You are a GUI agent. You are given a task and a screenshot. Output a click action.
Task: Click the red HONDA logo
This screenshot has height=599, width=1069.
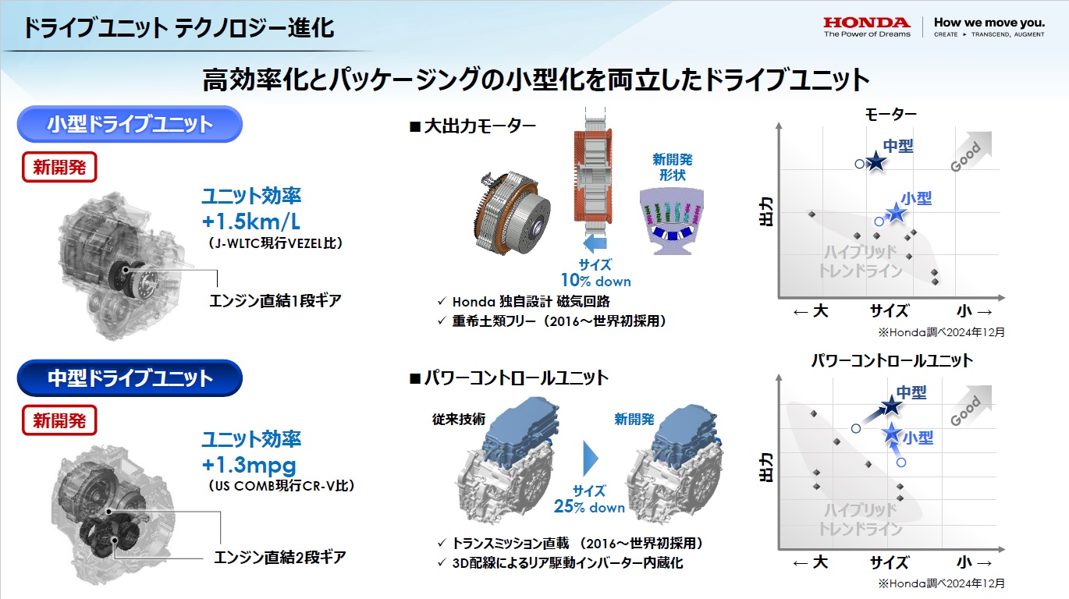coord(867,23)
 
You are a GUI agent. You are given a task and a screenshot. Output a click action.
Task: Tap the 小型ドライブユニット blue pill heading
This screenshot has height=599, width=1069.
coord(130,124)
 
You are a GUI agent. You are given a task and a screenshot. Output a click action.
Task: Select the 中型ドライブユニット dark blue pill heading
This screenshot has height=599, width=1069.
coord(130,378)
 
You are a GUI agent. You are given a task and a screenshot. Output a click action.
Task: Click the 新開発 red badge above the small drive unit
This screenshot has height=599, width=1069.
coord(59,167)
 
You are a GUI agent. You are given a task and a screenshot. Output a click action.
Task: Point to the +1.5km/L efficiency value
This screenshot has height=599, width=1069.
coord(251,222)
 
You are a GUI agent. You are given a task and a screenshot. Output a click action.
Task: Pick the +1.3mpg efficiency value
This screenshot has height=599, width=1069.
coord(249,465)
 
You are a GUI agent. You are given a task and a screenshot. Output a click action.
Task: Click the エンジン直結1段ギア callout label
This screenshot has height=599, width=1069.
coord(275,301)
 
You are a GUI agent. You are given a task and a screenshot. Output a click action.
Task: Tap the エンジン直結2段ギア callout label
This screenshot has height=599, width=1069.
coord(280,557)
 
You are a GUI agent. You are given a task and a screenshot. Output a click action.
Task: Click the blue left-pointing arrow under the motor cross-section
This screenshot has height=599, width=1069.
coord(595,243)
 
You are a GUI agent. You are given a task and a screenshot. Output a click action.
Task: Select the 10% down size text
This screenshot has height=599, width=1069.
coord(595,281)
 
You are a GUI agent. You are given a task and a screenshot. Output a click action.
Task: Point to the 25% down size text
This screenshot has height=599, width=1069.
coord(589,506)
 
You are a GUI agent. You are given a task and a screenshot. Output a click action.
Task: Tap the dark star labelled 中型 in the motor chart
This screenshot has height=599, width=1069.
coord(875,161)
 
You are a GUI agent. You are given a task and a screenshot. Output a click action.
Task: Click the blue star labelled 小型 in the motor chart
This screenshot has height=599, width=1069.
coord(896,213)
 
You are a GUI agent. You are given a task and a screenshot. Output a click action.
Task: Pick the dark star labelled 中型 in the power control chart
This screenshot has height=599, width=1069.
coord(891,406)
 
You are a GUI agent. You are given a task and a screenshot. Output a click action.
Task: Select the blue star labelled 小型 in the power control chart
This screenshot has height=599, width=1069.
coord(891,434)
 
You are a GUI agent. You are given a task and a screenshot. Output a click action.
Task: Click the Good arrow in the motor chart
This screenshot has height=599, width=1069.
coord(971,151)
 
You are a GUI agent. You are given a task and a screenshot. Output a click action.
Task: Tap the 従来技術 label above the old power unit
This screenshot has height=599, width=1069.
coord(459,419)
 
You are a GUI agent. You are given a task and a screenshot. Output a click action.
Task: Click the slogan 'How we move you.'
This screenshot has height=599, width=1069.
coord(989,23)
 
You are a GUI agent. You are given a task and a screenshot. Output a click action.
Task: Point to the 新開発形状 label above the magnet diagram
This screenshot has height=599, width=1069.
coord(673,167)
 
